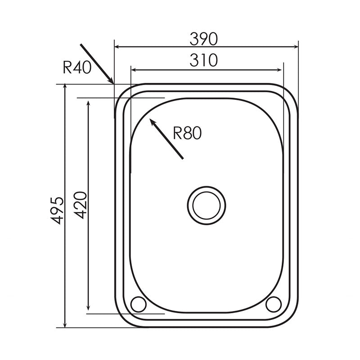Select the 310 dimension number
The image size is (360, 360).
tap(203, 60)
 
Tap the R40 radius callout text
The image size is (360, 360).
tap(77, 68)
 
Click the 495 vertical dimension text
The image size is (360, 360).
tap(57, 210)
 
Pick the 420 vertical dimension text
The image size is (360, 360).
tap(81, 205)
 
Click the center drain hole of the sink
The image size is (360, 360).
tap(207, 205)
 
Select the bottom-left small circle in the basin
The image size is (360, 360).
tap(138, 304)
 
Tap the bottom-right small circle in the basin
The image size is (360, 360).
tap(273, 304)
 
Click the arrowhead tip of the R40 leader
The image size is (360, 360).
tap(113, 83)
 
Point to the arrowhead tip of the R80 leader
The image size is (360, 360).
tap(150, 119)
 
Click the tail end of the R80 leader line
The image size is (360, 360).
tap(183, 158)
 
